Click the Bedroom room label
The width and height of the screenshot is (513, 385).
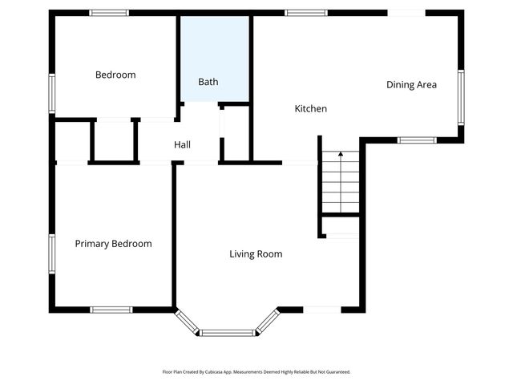pyautogui.click(x=115, y=75)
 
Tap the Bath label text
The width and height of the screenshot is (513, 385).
pyautogui.click(x=208, y=82)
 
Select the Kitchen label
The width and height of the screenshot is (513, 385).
pyautogui.click(x=310, y=108)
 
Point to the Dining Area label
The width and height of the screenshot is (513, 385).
pyautogui.click(x=411, y=84)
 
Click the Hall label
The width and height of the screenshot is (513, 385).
pyautogui.click(x=182, y=144)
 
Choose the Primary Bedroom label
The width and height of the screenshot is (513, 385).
pyautogui.click(x=113, y=244)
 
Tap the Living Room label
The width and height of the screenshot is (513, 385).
pyautogui.click(x=256, y=254)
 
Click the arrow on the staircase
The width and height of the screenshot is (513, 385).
pyautogui.click(x=341, y=154)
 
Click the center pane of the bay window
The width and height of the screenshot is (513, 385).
pyautogui.click(x=228, y=332)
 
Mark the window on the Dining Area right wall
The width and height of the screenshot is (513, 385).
pyautogui.click(x=461, y=96)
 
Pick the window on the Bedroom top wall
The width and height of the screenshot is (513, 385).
pyautogui.click(x=109, y=13)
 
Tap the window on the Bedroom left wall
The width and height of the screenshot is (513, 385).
pyautogui.click(x=52, y=93)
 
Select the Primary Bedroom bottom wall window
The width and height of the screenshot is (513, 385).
pyautogui.click(x=111, y=310)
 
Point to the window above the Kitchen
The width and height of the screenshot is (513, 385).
pyautogui.click(x=306, y=13)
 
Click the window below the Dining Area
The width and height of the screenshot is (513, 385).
pyautogui.click(x=417, y=140)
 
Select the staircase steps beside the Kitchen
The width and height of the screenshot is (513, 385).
pyautogui.click(x=341, y=184)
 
